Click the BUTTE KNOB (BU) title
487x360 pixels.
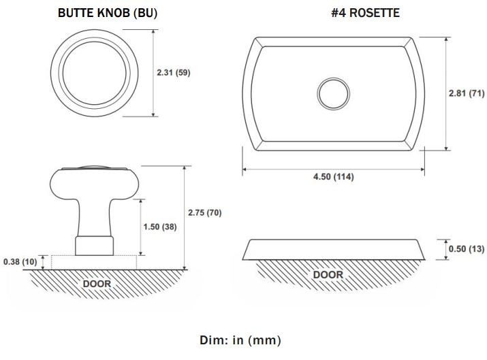coord(108,13)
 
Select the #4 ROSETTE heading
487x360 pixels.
coord(365,13)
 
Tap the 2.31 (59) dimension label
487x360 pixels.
coord(173,73)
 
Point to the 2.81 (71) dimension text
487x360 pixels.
coord(467,93)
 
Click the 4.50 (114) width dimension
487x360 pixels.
coord(334,176)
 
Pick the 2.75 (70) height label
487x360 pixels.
coord(205,212)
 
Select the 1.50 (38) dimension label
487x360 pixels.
coord(159,227)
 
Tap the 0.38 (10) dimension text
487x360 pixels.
coord(20,261)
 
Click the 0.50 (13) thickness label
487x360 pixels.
coord(467,249)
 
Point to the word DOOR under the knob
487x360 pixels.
coord(97,284)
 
